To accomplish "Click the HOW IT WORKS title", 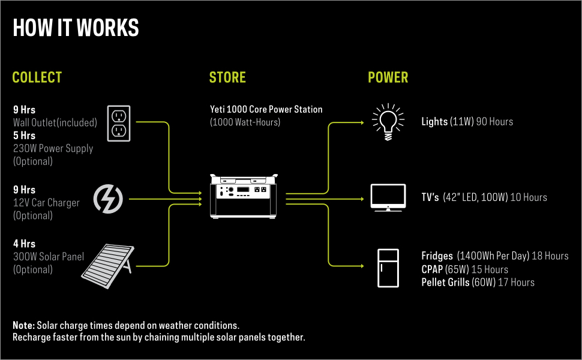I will (x=76, y=28).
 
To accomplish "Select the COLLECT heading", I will (x=37, y=77).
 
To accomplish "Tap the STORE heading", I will (x=227, y=77).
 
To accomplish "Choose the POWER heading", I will (x=388, y=77).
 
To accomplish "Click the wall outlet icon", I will (x=119, y=123).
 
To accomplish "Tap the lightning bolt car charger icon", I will (x=109, y=198).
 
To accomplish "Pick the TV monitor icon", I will (x=388, y=197).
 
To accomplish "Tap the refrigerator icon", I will (x=388, y=268).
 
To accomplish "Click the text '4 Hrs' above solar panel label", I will (x=24, y=244).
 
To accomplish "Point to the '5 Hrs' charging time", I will (x=24, y=136).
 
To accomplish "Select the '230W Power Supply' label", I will (x=53, y=148).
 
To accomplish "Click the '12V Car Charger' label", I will (x=46, y=203).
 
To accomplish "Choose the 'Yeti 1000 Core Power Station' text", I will (x=266, y=110).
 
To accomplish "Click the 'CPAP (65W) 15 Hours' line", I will (x=464, y=269).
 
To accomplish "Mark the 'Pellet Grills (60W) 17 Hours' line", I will (x=478, y=282).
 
